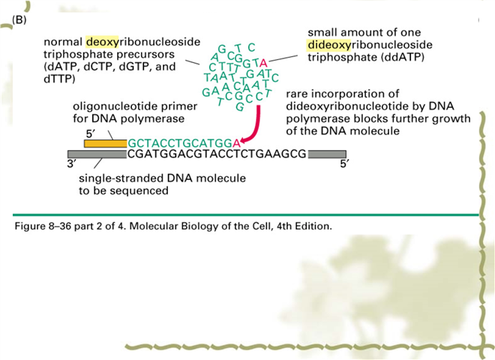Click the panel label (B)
19,20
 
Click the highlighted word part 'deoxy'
102,42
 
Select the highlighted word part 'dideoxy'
329,45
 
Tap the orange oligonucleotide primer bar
106,143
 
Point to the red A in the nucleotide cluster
263,64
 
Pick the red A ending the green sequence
236,144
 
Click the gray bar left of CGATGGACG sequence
97,154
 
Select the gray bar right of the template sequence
327,154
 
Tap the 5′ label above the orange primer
90,134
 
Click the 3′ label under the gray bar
72,164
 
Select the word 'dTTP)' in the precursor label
59,79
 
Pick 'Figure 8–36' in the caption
43,226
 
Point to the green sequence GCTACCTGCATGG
180,144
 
